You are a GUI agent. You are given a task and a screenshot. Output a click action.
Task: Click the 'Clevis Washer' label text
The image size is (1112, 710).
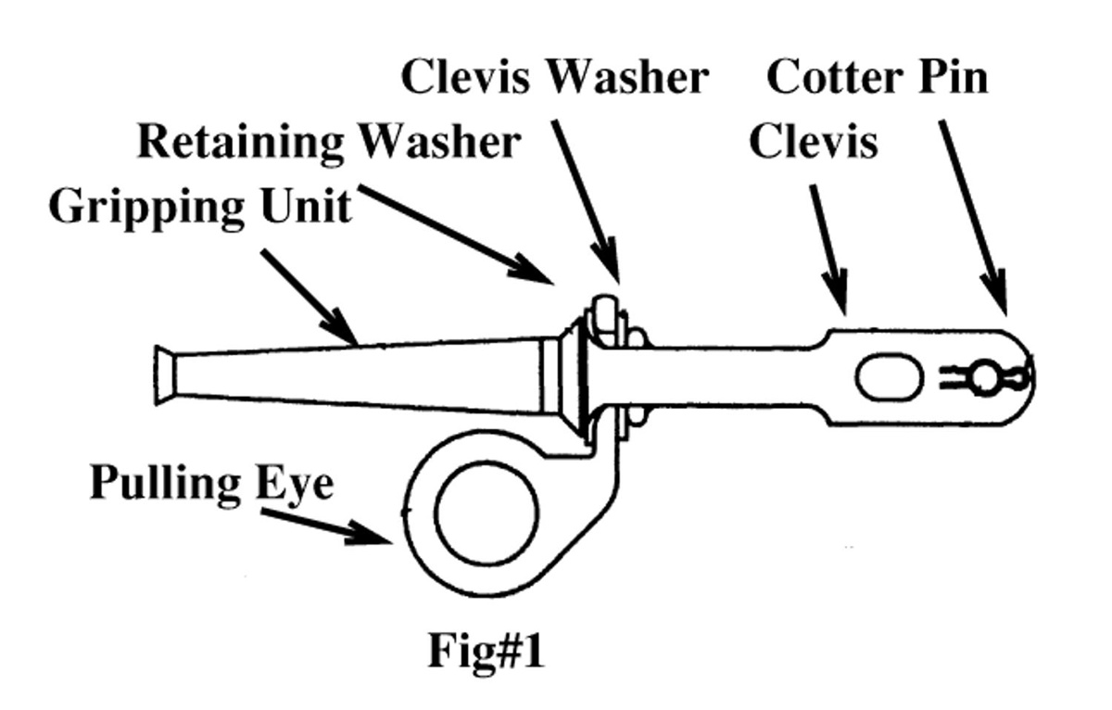553,77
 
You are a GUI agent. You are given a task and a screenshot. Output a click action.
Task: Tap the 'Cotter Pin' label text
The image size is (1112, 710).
877,77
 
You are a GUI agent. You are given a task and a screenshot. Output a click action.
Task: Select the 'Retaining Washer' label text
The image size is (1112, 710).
328,143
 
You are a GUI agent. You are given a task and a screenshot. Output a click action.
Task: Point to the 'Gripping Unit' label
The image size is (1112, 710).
200,206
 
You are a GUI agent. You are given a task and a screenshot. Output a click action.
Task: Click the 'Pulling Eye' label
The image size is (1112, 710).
211,484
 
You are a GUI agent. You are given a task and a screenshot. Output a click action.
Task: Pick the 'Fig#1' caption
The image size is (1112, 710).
486,652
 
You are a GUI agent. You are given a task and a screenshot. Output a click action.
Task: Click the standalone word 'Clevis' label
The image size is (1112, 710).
813,143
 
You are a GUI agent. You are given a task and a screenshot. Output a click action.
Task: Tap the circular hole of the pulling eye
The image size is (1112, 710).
486,513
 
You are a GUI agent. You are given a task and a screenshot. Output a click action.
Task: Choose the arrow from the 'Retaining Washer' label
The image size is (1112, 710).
454,233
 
